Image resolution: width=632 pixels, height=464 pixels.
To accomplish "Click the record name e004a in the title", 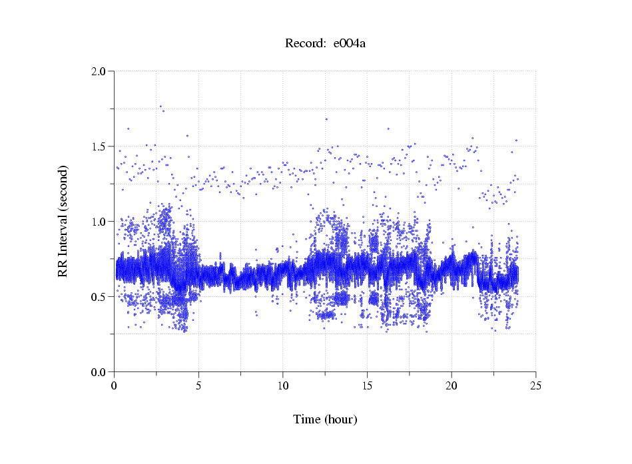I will [350, 44].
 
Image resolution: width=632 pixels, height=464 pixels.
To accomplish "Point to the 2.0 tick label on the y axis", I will [99, 71].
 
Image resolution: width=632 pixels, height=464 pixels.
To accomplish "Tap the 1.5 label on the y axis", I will [99, 146].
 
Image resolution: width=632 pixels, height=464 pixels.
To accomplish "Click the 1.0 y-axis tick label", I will [99, 222].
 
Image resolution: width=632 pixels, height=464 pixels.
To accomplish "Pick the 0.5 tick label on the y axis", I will [99, 297].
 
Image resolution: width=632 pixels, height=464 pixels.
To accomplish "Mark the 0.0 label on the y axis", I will [99, 372].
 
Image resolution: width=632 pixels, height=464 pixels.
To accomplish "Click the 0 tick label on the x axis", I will [114, 386].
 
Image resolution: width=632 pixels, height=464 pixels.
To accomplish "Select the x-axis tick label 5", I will [198, 386].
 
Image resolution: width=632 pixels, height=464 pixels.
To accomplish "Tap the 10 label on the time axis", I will [283, 386].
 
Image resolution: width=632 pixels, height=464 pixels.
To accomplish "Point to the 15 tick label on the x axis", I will [367, 386].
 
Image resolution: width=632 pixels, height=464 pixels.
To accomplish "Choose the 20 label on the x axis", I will [452, 386].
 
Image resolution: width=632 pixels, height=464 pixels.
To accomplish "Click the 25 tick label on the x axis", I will [536, 386].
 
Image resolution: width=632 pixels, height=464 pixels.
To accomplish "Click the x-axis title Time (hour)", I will [325, 419].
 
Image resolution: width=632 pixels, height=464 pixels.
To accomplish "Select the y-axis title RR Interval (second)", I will [63, 221].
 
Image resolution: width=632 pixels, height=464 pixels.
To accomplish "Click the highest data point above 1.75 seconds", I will [160, 107].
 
